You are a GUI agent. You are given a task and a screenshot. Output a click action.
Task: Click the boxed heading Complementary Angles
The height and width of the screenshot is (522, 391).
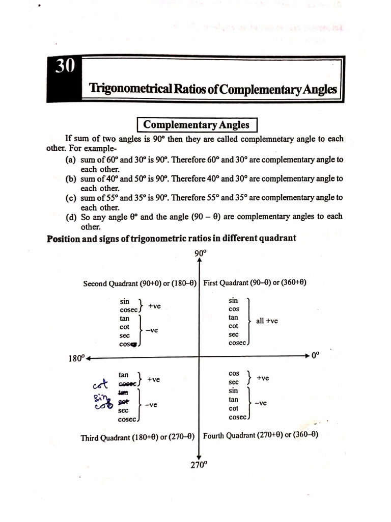(x=196, y=125)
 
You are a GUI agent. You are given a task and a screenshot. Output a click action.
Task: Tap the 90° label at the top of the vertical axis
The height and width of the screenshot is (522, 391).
(x=200, y=254)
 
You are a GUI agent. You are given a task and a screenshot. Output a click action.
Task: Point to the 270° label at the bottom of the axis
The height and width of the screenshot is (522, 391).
(x=199, y=464)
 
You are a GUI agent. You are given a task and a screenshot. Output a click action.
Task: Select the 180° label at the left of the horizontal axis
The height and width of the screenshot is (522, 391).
(x=76, y=358)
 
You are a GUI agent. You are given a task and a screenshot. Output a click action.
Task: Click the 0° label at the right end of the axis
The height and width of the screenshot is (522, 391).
(x=316, y=356)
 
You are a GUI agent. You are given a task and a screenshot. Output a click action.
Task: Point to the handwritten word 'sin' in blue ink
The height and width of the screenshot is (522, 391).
(x=99, y=398)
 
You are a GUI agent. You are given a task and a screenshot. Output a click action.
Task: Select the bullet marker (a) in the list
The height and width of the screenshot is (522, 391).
(x=71, y=160)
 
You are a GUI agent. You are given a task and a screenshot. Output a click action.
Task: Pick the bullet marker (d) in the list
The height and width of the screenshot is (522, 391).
(x=71, y=217)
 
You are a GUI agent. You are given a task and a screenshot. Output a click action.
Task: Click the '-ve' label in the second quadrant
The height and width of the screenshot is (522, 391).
(x=152, y=330)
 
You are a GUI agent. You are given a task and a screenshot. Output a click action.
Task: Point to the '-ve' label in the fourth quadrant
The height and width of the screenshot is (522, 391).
(x=261, y=403)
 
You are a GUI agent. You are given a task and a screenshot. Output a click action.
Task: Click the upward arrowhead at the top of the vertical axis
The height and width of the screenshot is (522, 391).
(x=200, y=262)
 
